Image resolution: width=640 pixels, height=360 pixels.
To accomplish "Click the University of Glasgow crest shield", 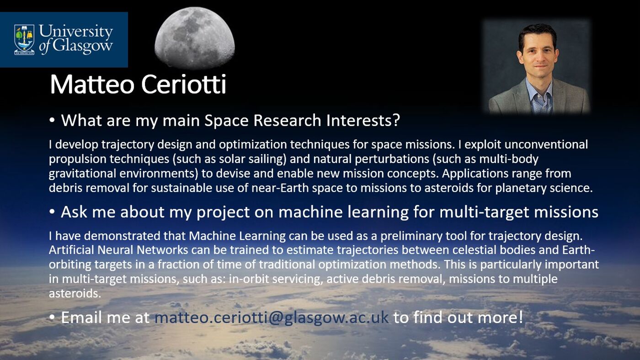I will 24,39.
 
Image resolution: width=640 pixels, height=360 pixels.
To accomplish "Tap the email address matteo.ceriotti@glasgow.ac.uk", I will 272,317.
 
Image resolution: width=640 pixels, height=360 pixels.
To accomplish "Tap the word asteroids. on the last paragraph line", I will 75,293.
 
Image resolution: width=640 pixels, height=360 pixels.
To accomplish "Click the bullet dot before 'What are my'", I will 53,120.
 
